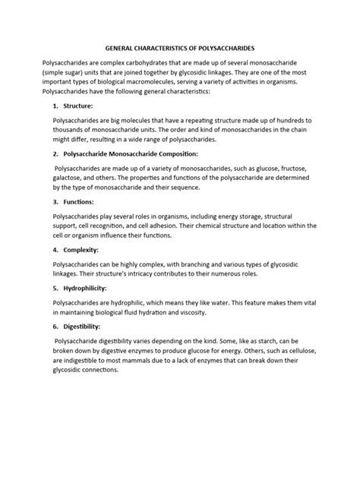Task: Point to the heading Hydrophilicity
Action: coord(87,310)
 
